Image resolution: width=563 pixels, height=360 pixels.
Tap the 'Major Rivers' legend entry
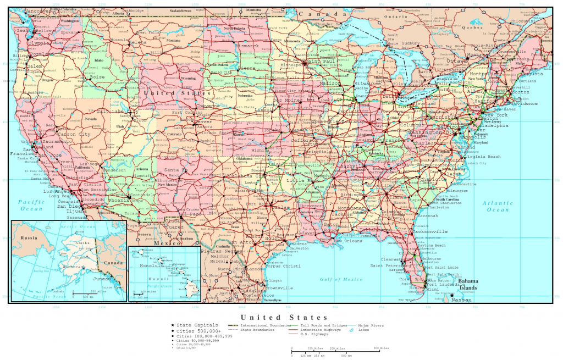click(372, 325)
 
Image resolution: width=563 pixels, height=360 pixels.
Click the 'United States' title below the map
click(284, 317)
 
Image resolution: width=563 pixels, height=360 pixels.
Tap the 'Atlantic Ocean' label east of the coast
click(498, 206)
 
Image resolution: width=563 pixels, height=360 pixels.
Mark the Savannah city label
click(428, 215)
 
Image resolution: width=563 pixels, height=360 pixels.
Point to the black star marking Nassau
click(452, 295)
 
